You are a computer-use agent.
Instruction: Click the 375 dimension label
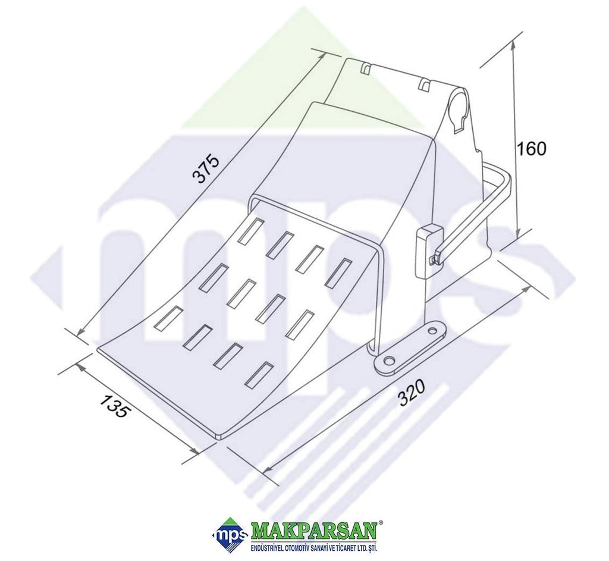206,168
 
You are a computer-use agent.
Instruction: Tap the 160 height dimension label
531,149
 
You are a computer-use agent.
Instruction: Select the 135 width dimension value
114,405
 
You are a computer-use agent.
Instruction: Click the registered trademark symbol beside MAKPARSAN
381,523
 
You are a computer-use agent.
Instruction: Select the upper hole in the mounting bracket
432,331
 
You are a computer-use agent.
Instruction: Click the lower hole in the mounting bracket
388,361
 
